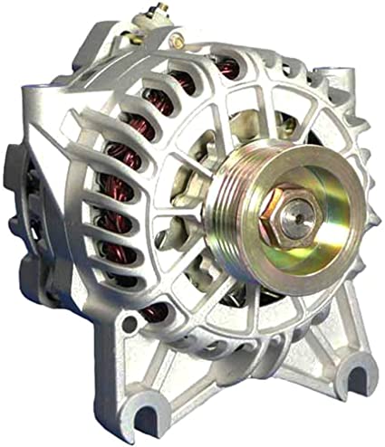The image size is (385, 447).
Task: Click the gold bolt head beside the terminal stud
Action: pos(177,41)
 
